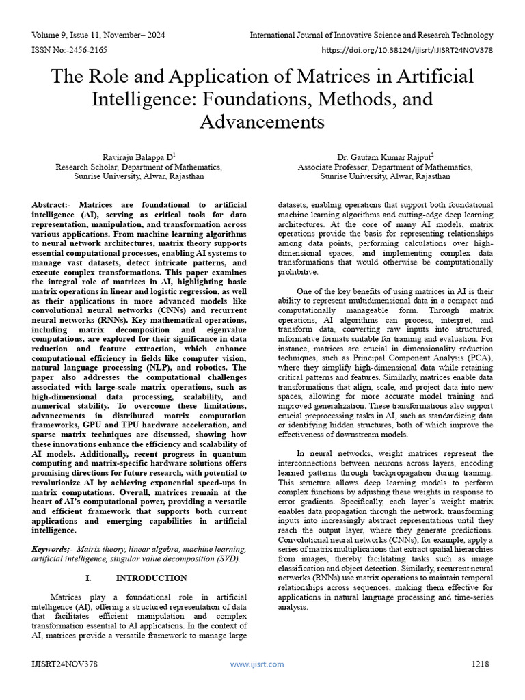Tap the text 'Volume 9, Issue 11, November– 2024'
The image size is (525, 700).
[98, 35]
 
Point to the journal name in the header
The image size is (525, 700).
[371, 35]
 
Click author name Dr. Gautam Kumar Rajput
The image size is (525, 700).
[384, 156]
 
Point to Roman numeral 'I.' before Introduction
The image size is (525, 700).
[88, 578]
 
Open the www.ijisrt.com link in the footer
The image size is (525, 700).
[256, 664]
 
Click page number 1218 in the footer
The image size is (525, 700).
[481, 664]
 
